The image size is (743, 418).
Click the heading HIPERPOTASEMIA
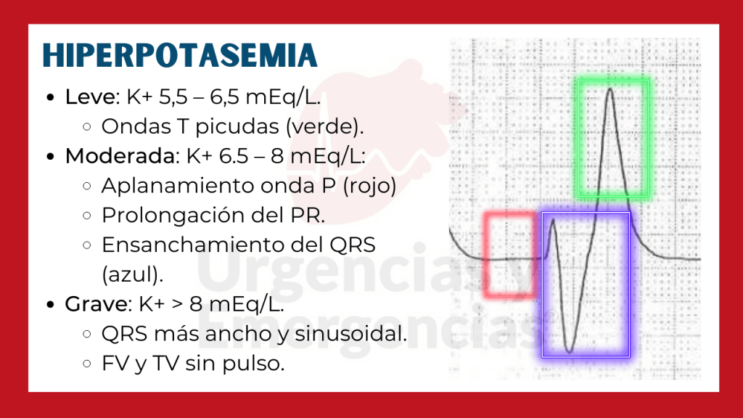click(x=179, y=56)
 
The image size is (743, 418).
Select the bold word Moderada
click(x=118, y=156)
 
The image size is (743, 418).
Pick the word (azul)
click(x=132, y=275)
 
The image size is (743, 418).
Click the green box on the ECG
click(x=612, y=138)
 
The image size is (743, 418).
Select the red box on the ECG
click(x=509, y=254)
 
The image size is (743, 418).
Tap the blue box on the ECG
click(x=586, y=284)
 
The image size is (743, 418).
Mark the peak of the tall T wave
click(x=611, y=90)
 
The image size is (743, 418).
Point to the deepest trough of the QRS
click(x=570, y=351)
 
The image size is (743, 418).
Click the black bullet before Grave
click(x=49, y=305)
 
